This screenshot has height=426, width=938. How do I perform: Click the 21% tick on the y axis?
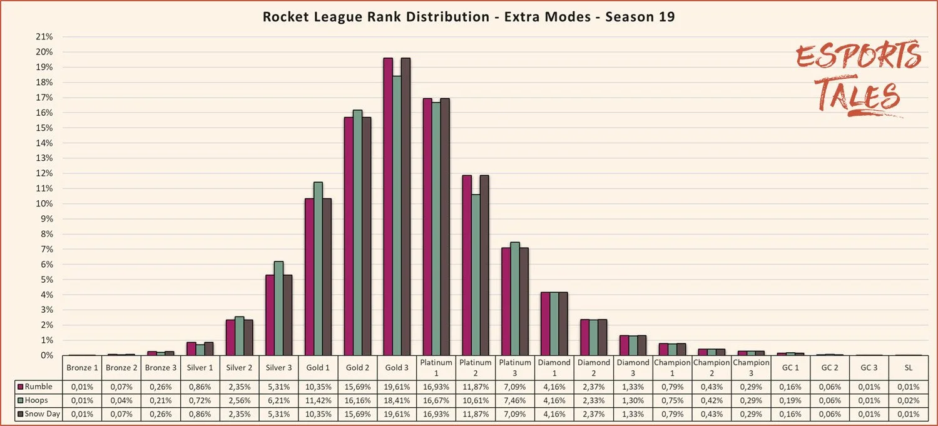point(44,37)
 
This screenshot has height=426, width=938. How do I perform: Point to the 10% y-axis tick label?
point(44,204)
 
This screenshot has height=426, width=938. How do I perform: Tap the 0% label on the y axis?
point(46,355)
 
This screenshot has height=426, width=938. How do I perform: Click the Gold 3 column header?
point(396,367)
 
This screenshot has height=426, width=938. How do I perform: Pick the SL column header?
point(908,367)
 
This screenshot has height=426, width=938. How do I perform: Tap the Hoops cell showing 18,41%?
point(396,400)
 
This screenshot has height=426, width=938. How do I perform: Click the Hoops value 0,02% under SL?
point(908,400)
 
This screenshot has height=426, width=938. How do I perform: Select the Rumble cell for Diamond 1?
point(554,387)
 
